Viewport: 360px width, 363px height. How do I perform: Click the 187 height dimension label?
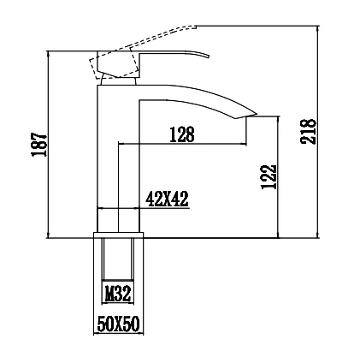point(39,144)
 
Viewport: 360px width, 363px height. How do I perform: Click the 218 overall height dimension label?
point(308,132)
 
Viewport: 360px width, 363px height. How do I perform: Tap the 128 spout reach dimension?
point(182,134)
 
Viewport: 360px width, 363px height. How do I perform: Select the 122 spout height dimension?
point(269,176)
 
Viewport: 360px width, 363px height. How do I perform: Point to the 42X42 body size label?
point(167,199)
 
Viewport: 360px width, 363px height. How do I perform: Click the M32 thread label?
point(118,294)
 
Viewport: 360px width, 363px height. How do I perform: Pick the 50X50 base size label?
point(119,324)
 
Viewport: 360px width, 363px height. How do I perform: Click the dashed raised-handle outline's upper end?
point(196,27)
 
